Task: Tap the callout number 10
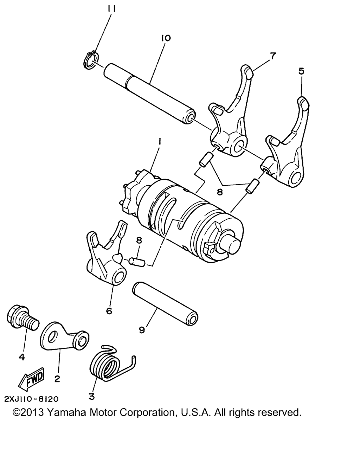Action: click(166, 38)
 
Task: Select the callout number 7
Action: click(273, 56)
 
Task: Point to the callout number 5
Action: click(301, 71)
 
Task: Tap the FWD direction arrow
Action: click(31, 379)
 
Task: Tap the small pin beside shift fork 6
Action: click(137, 262)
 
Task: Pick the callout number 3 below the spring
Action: click(92, 396)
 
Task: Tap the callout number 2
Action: click(57, 379)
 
